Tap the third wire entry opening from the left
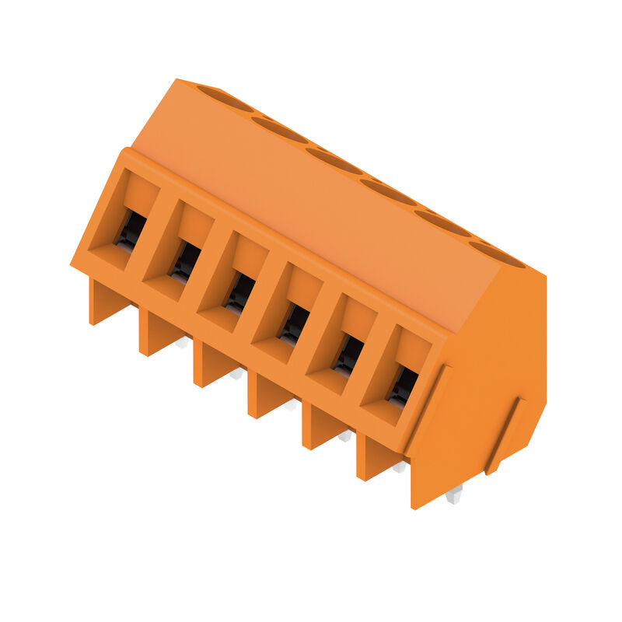[x=239, y=294]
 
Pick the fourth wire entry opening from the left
[x=294, y=324]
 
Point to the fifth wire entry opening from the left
[x=348, y=355]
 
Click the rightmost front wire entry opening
[x=403, y=386]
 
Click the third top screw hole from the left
[x=334, y=160]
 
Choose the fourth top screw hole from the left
[x=387, y=191]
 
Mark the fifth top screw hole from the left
[x=442, y=222]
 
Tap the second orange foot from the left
[x=156, y=332]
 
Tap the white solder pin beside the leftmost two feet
[x=183, y=341]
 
